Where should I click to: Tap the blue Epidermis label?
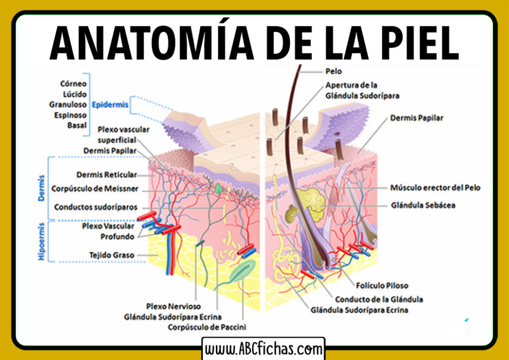pyautogui.click(x=110, y=105)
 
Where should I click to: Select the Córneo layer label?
pyautogui.click(x=74, y=84)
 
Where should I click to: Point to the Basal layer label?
pyautogui.click(x=77, y=125)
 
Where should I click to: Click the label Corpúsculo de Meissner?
pyautogui.click(x=95, y=189)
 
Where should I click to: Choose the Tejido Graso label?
pyautogui.click(x=112, y=255)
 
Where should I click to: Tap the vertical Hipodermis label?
pyautogui.click(x=42, y=242)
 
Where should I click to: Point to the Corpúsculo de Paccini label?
pyautogui.click(x=207, y=327)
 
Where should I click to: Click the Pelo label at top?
pyautogui.click(x=334, y=72)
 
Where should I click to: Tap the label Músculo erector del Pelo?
pyautogui.click(x=435, y=187)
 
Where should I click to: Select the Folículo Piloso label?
pyautogui.click(x=382, y=285)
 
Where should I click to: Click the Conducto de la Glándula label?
pyautogui.click(x=379, y=299)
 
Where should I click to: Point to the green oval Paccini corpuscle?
pyautogui.click(x=242, y=274)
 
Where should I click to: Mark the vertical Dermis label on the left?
pyautogui.click(x=42, y=187)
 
